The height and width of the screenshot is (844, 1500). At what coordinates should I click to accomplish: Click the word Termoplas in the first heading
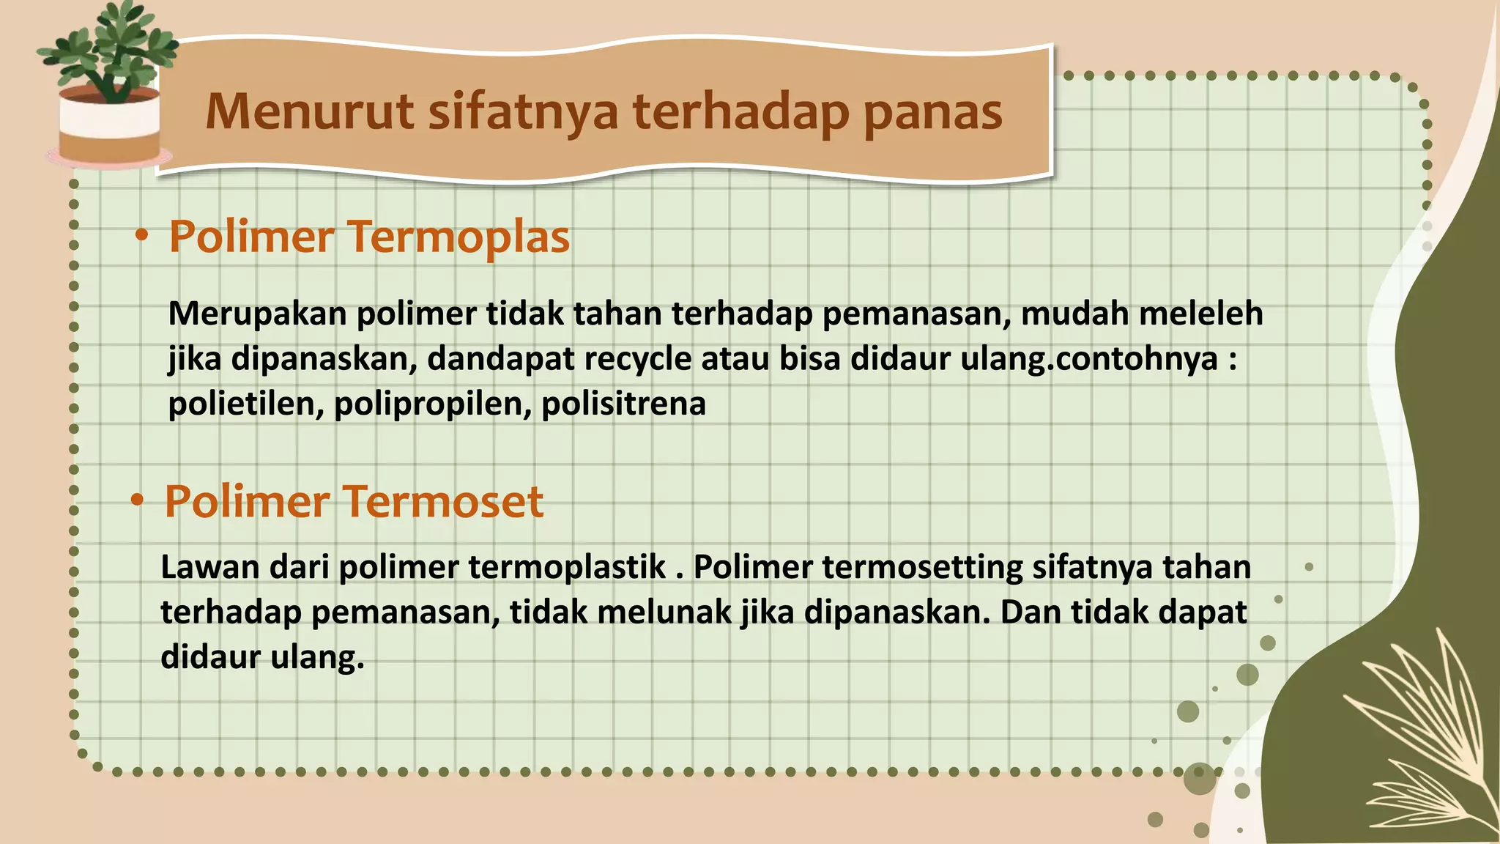[x=458, y=237]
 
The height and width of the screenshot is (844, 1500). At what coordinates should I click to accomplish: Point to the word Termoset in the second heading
[x=443, y=502]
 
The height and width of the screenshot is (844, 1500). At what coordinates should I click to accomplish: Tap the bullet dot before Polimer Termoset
[x=137, y=500]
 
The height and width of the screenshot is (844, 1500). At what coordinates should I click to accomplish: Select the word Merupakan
[x=257, y=314]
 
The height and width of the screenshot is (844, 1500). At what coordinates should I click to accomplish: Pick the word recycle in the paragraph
[x=637, y=360]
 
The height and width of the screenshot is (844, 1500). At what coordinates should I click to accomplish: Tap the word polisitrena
[x=623, y=404]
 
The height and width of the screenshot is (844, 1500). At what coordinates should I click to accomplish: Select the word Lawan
[x=209, y=567]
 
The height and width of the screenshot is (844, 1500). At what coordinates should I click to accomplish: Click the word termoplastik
[x=567, y=567]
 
